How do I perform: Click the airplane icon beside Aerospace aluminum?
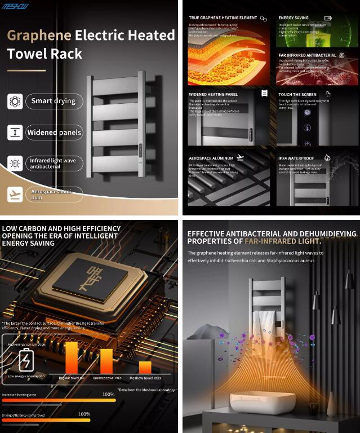click(x=15, y=195)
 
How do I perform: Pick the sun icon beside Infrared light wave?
click(x=15, y=164)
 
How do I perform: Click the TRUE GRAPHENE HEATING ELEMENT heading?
click(x=223, y=18)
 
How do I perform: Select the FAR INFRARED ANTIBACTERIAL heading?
click(x=307, y=55)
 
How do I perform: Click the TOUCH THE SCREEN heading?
click(x=297, y=94)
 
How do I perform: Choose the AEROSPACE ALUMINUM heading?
click(x=211, y=158)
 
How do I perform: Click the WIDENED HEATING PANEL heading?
click(x=213, y=94)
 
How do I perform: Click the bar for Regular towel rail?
click(x=72, y=357)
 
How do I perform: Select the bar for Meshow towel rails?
click(x=145, y=367)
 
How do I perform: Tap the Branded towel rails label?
click(x=106, y=378)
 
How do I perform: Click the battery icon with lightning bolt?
click(x=26, y=359)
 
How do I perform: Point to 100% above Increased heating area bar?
click(x=108, y=394)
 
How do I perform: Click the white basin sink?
click(x=263, y=401)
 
